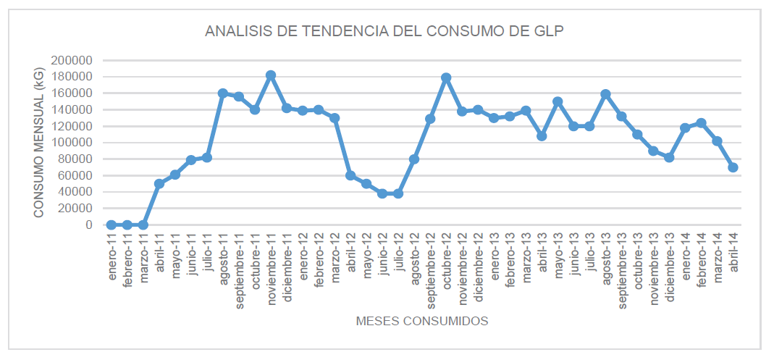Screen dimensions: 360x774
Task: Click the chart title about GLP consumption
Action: coord(384,31)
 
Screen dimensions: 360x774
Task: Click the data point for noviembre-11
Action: coord(271,75)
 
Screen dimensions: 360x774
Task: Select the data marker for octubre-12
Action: coord(446,78)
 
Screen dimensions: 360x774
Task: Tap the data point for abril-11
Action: coord(159,183)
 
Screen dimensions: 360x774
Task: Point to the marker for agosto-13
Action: coord(605,94)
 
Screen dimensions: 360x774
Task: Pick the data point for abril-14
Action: coord(733,167)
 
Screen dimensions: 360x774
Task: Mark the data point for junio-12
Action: coord(382,193)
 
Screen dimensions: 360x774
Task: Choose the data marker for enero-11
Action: coord(112,225)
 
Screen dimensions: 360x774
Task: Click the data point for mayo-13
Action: coord(558,101)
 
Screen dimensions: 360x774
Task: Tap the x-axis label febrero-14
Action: coord(702,262)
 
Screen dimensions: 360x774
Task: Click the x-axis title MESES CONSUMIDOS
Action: coord(422,320)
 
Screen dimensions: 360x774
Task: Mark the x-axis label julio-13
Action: coord(590,254)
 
